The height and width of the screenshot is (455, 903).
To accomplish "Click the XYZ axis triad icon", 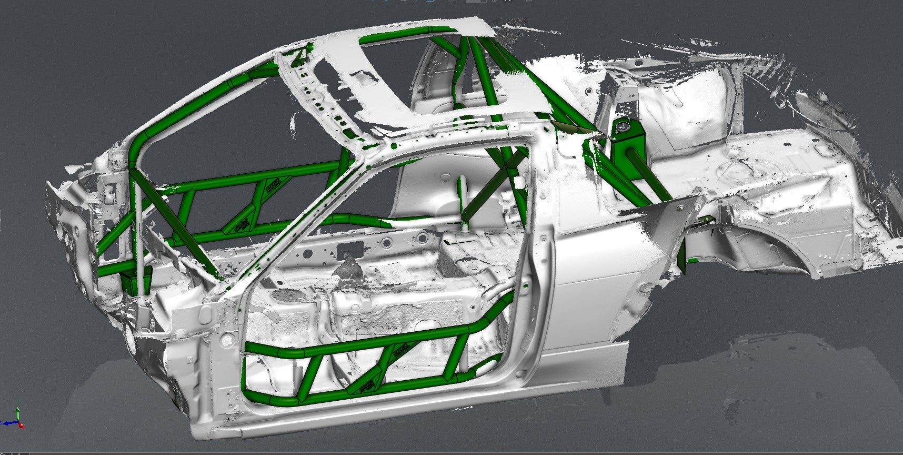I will coord(16,419).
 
